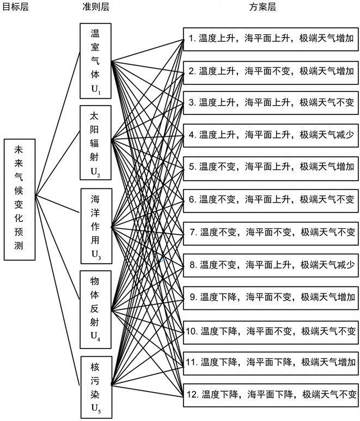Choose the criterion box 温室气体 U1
point(95,60)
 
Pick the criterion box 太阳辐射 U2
point(95,143)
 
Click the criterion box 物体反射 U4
point(95,308)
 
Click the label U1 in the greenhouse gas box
point(96,89)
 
